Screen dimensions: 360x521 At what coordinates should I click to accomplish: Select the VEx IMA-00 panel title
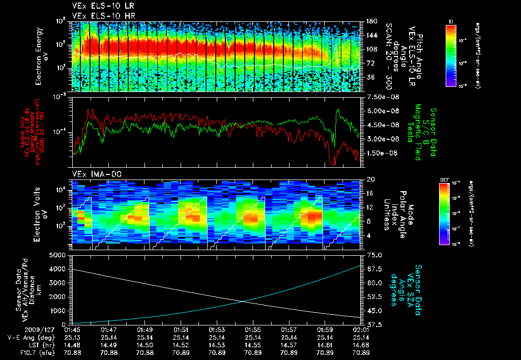(93, 174)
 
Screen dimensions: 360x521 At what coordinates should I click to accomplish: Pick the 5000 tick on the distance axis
(60, 255)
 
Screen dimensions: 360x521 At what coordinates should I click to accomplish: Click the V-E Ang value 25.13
(73, 337)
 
